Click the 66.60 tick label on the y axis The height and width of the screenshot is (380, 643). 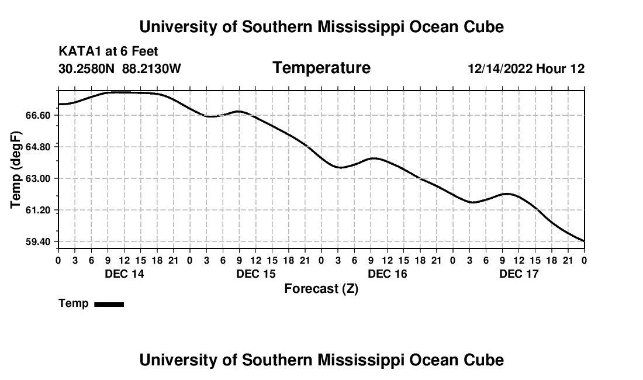pyautogui.click(x=38, y=116)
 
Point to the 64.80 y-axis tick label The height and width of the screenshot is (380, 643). pyautogui.click(x=38, y=147)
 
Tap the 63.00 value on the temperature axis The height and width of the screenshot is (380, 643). pyautogui.click(x=38, y=179)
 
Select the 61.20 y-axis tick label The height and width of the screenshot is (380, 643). pyautogui.click(x=38, y=210)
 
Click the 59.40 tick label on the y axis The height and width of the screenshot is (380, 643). pyautogui.click(x=38, y=242)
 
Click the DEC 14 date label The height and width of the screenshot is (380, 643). pyautogui.click(x=125, y=274)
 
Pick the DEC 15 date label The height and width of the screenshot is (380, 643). pyautogui.click(x=256, y=274)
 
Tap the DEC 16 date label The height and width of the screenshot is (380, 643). pyautogui.click(x=388, y=274)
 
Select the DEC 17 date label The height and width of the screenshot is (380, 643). pyautogui.click(x=518, y=274)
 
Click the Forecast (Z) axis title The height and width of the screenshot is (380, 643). pyautogui.click(x=321, y=289)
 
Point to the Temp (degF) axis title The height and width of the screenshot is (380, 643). pyautogui.click(x=16, y=170)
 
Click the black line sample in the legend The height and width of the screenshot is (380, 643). pyautogui.click(x=109, y=304)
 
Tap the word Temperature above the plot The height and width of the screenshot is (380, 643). pyautogui.click(x=321, y=68)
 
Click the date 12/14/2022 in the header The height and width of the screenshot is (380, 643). pyautogui.click(x=500, y=69)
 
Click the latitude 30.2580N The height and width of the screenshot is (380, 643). pyautogui.click(x=87, y=68)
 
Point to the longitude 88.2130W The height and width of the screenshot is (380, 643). pyautogui.click(x=151, y=68)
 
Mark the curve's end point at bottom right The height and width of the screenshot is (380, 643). pyautogui.click(x=584, y=241)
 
